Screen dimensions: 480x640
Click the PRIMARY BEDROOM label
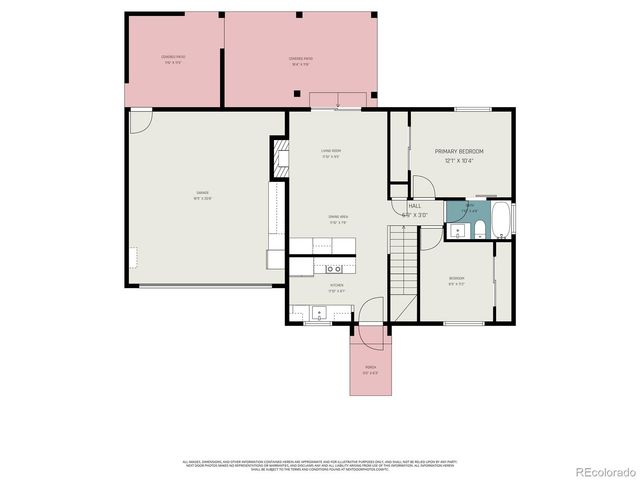click(458, 151)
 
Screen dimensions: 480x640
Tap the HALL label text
click(414, 205)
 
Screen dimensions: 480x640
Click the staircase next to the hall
click(401, 261)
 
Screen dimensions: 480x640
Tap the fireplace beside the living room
click(279, 157)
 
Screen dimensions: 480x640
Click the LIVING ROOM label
click(331, 151)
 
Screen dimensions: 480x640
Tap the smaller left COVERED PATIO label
click(173, 58)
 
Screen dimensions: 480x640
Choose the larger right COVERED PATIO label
click(302, 59)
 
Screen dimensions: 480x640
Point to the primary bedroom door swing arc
click(422, 186)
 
